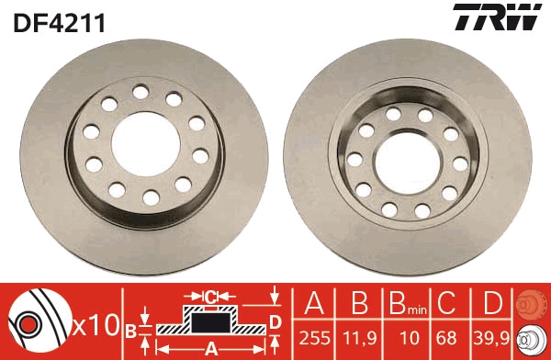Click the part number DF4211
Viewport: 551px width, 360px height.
click(59, 23)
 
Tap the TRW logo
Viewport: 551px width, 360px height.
click(497, 17)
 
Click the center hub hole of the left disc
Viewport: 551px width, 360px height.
click(145, 144)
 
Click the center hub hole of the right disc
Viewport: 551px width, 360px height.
click(408, 163)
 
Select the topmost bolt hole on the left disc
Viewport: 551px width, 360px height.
click(141, 92)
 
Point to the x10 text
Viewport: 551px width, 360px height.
click(96, 326)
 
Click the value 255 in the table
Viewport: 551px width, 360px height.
click(314, 338)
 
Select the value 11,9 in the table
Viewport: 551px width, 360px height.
click(359, 338)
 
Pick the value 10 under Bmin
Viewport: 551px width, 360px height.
click(410, 338)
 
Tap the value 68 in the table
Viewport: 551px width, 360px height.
click(446, 338)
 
